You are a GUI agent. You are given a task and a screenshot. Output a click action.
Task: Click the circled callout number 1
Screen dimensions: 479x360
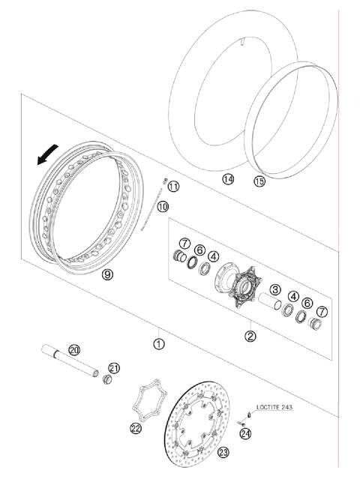click(158, 344)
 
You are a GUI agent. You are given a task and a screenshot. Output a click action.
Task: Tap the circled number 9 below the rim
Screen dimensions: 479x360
click(107, 275)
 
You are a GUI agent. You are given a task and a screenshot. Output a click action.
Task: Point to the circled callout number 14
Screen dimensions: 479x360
click(228, 179)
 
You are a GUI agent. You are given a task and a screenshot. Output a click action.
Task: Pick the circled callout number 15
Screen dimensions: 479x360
click(259, 181)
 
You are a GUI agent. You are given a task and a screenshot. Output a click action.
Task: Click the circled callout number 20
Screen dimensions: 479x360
click(73, 349)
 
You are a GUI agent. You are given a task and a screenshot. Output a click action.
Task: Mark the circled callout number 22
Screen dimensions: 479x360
click(135, 428)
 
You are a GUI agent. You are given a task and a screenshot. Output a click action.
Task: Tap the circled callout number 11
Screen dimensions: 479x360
click(173, 186)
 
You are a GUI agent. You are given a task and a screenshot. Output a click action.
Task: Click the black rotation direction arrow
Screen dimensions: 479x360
click(46, 155)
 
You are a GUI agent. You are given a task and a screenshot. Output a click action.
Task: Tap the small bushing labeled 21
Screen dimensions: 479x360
click(107, 381)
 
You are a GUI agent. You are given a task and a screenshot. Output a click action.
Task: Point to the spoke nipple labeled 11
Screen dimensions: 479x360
click(163, 180)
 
